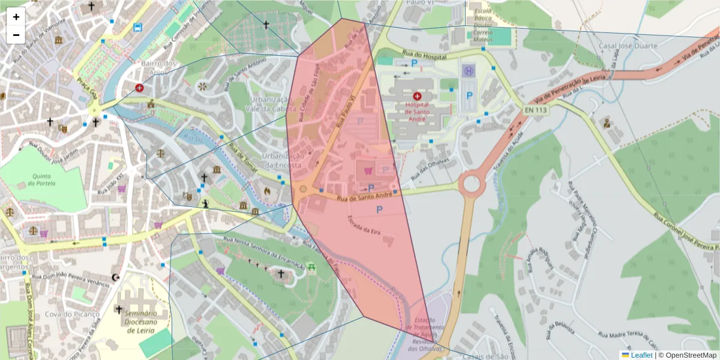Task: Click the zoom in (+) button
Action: (16, 17)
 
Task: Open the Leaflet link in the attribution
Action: (641, 355)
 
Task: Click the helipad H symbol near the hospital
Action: (467, 71)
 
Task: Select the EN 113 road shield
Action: (535, 110)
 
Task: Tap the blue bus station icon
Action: (138, 27)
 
